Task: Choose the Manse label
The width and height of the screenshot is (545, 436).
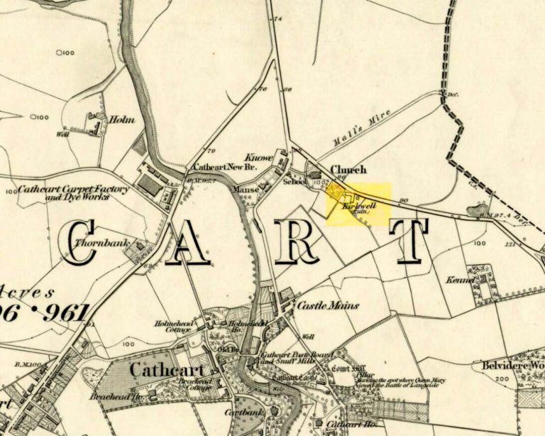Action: [243, 190]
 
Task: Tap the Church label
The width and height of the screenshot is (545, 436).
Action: [349, 170]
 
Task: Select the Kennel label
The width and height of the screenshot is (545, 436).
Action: [460, 280]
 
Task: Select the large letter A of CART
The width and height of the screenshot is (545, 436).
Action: [190, 242]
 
